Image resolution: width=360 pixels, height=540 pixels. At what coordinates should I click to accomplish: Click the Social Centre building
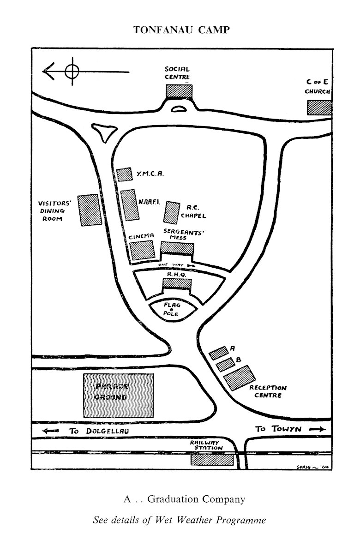click(x=179, y=91)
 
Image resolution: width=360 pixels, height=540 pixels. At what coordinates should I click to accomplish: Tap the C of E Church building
click(x=319, y=108)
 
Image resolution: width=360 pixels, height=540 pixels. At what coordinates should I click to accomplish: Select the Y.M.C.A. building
click(x=124, y=174)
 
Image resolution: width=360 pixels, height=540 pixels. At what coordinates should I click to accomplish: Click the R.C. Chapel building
click(x=173, y=213)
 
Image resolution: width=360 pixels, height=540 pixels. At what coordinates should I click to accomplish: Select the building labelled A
click(x=220, y=352)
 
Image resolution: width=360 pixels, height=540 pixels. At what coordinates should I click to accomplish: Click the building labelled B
click(x=225, y=364)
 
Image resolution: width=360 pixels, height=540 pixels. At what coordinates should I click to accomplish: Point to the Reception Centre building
click(x=239, y=378)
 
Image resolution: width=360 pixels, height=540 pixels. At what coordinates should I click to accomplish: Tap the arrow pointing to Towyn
click(x=317, y=429)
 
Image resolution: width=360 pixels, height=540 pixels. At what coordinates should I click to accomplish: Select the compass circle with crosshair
click(x=72, y=71)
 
